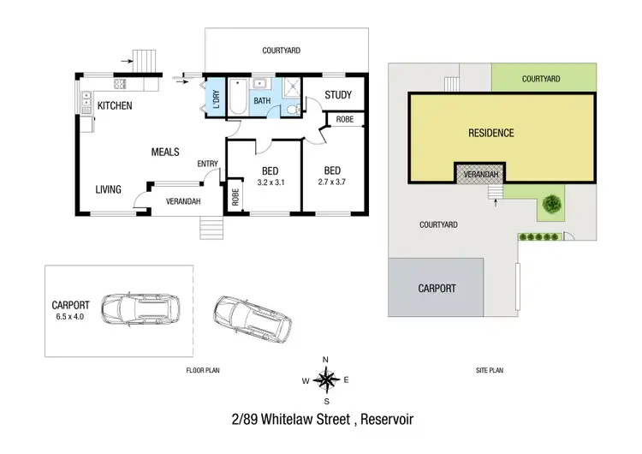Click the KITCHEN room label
point(116,106)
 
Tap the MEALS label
point(165,152)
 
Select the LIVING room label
point(108,189)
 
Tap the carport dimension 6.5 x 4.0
point(69,315)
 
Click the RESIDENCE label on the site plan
point(490,133)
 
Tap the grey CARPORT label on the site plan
point(437,289)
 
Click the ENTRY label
point(206,164)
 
